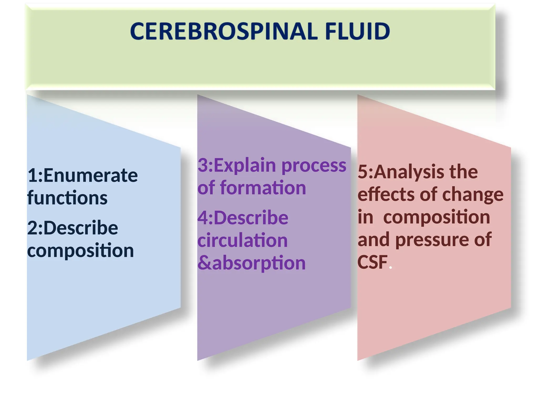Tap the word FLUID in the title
pyautogui.click(x=357, y=31)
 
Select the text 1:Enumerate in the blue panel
pyautogui.click(x=82, y=175)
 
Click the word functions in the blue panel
pyautogui.click(x=67, y=198)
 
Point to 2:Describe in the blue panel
pyautogui.click(x=73, y=228)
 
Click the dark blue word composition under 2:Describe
pyautogui.click(x=80, y=250)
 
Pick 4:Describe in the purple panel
pyautogui.click(x=243, y=218)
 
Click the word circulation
pyautogui.click(x=242, y=240)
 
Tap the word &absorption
pyautogui.click(x=251, y=263)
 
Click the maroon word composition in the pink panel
pyautogui.click(x=437, y=217)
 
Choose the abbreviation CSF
pyautogui.click(x=372, y=262)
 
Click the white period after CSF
pyautogui.click(x=391, y=267)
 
